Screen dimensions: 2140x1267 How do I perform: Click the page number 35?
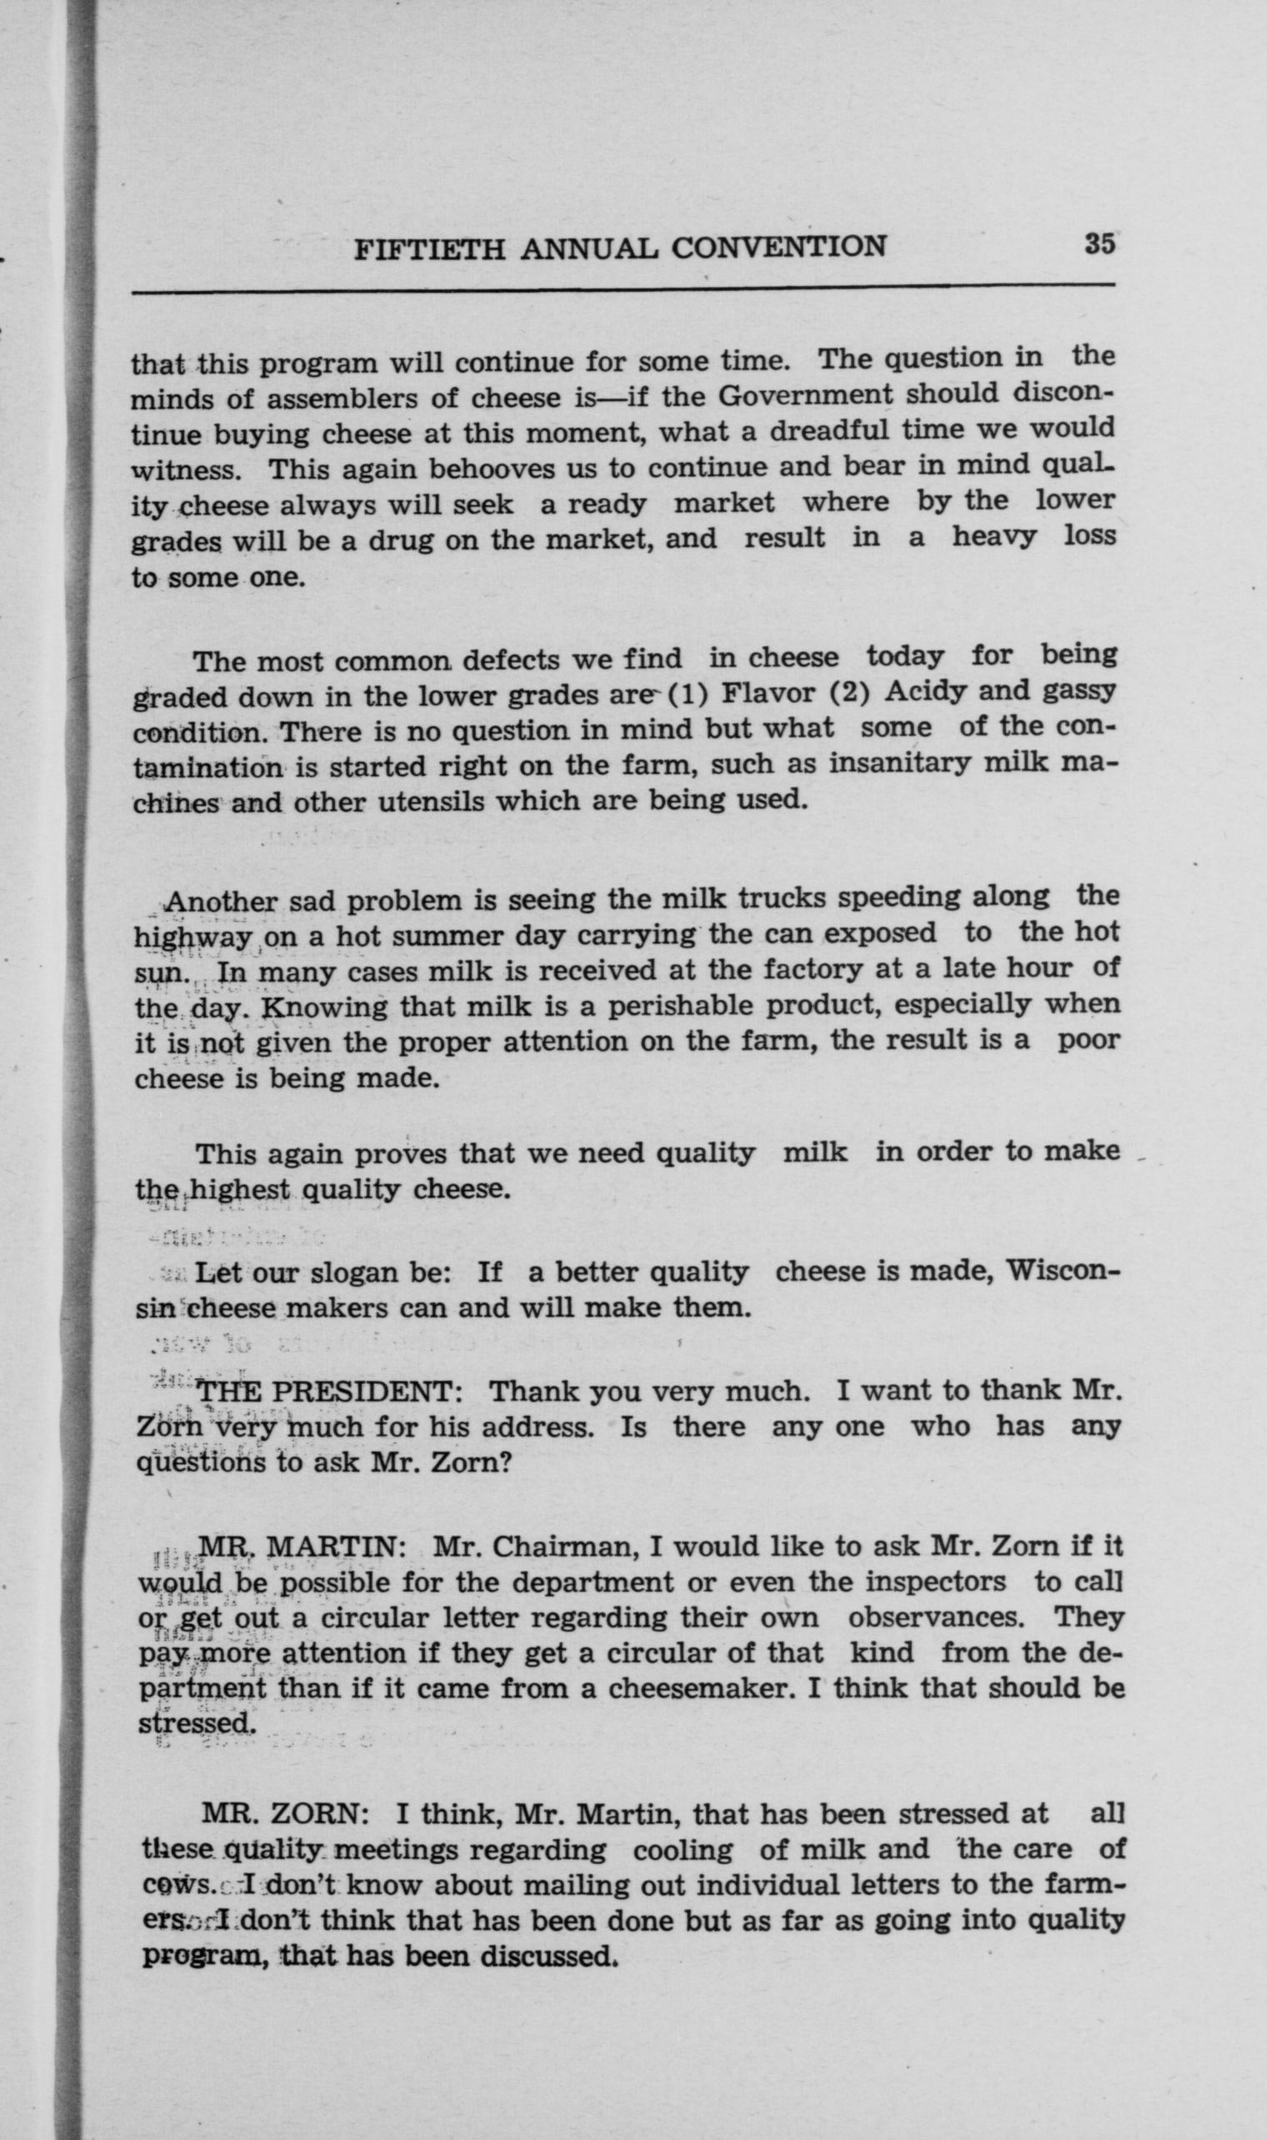[1099, 244]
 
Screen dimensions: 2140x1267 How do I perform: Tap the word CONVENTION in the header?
[779, 247]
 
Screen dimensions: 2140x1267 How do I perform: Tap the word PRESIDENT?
[367, 1391]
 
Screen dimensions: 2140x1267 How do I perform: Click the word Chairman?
[561, 1546]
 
